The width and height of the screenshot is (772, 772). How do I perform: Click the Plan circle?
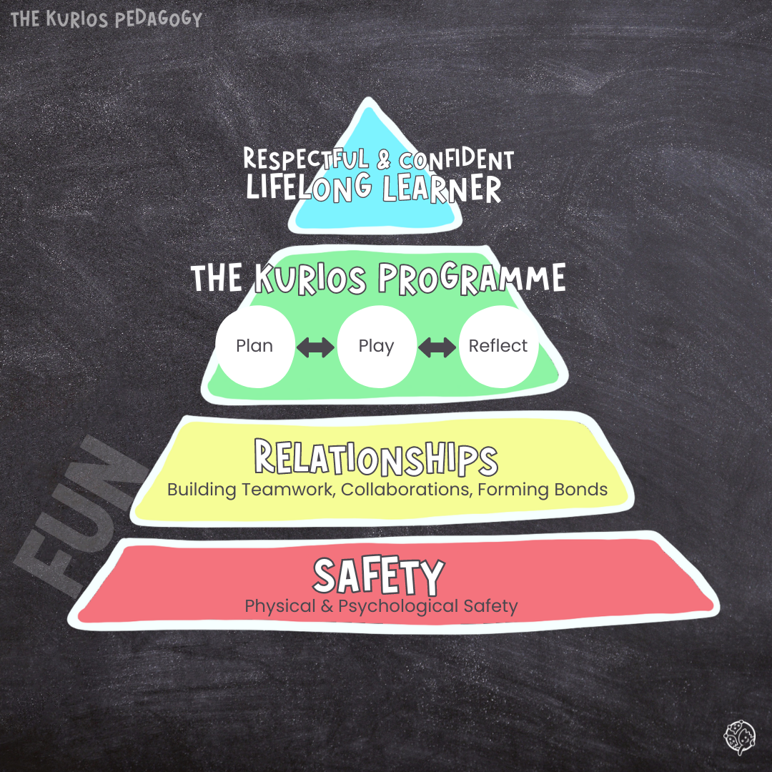pyautogui.click(x=254, y=346)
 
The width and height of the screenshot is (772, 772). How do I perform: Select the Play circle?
pyautogui.click(x=376, y=346)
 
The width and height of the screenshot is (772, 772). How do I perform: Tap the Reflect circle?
pyautogui.click(x=498, y=346)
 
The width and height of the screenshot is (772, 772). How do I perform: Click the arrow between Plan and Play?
pyautogui.click(x=315, y=347)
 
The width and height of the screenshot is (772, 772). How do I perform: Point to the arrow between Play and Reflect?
pyautogui.click(x=437, y=347)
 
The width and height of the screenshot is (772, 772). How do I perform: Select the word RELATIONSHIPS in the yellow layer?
pyautogui.click(x=376, y=458)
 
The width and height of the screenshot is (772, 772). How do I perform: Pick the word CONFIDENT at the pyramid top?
pyautogui.click(x=456, y=159)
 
